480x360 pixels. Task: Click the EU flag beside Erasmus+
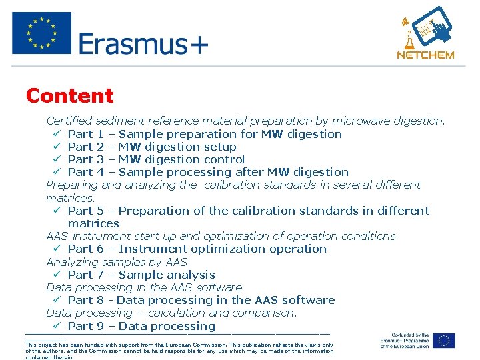pyautogui.click(x=41, y=33)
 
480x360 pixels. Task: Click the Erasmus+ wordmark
pyautogui.click(x=143, y=44)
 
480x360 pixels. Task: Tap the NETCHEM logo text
pyautogui.click(x=425, y=55)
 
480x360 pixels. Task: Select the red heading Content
pyautogui.click(x=70, y=96)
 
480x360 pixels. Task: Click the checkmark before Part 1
pyautogui.click(x=57, y=134)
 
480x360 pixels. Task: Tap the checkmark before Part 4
pyautogui.click(x=57, y=172)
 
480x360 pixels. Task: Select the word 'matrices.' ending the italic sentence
pyautogui.click(x=71, y=198)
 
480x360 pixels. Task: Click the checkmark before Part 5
pyautogui.click(x=57, y=211)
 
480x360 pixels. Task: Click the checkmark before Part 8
pyautogui.click(x=57, y=300)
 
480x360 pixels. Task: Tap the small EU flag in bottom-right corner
pyautogui.click(x=443, y=341)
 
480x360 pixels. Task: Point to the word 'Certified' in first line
pyautogui.click(x=69, y=121)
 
